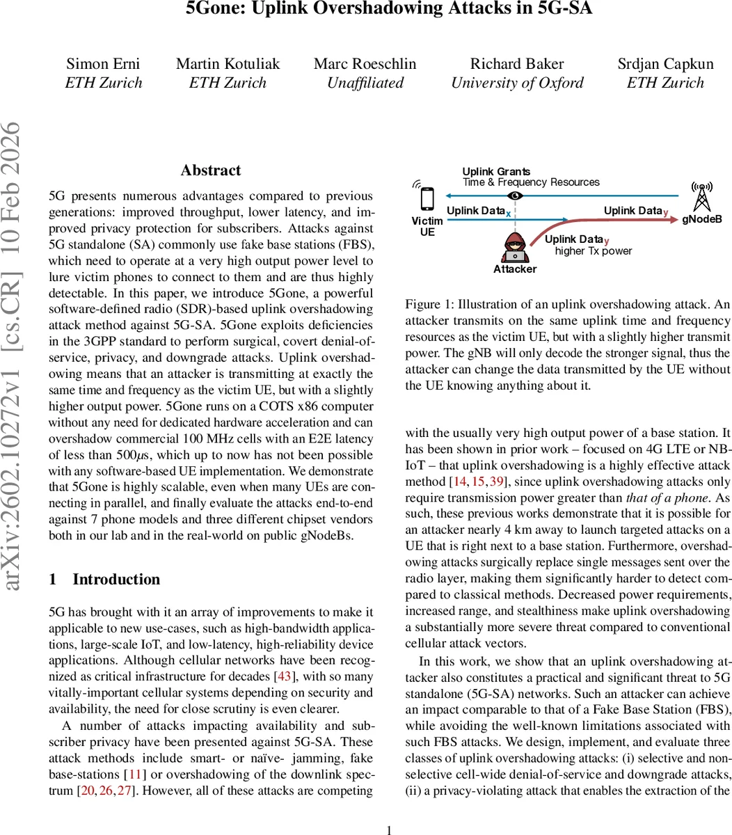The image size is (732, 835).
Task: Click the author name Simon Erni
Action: tap(103, 64)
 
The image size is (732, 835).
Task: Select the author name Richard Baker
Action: tap(517, 64)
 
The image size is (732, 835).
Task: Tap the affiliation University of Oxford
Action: tap(517, 83)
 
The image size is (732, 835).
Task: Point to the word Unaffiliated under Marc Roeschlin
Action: tap(365, 83)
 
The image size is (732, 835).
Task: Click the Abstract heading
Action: tap(210, 170)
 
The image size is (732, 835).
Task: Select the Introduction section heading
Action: tap(116, 580)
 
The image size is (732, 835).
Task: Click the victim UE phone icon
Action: tap(427, 200)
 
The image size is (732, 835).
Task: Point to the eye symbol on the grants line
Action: tap(515, 196)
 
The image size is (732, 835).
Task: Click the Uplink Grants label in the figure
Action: tap(496, 172)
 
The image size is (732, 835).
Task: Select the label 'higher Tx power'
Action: tap(594, 251)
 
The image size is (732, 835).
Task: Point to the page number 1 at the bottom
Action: tap(389, 829)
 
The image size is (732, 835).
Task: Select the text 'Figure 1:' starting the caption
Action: tap(423, 305)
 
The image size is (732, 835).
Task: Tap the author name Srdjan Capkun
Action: tap(665, 64)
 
